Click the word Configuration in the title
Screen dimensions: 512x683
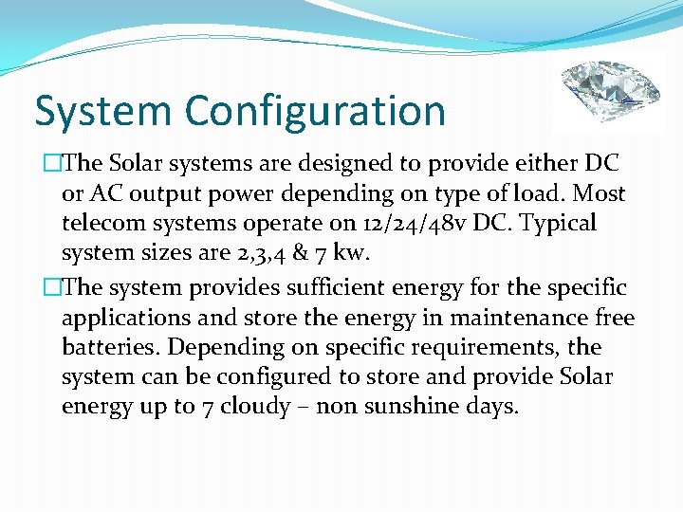[315, 110]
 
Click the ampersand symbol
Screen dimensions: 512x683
[302, 254]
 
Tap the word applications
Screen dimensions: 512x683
[126, 316]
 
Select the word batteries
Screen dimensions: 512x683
[105, 346]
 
